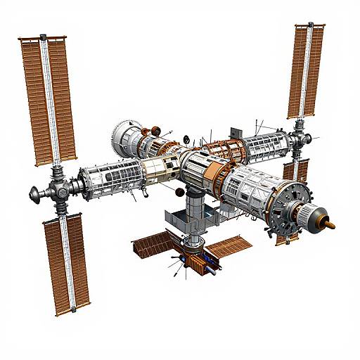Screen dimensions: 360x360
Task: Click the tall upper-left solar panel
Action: click(x=48, y=98)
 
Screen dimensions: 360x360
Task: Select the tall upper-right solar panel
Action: click(x=306, y=70)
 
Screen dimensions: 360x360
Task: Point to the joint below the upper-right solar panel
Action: click(x=301, y=133)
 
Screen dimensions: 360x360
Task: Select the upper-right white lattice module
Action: click(x=267, y=145)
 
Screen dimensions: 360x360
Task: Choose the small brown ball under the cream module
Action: click(x=179, y=191)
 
